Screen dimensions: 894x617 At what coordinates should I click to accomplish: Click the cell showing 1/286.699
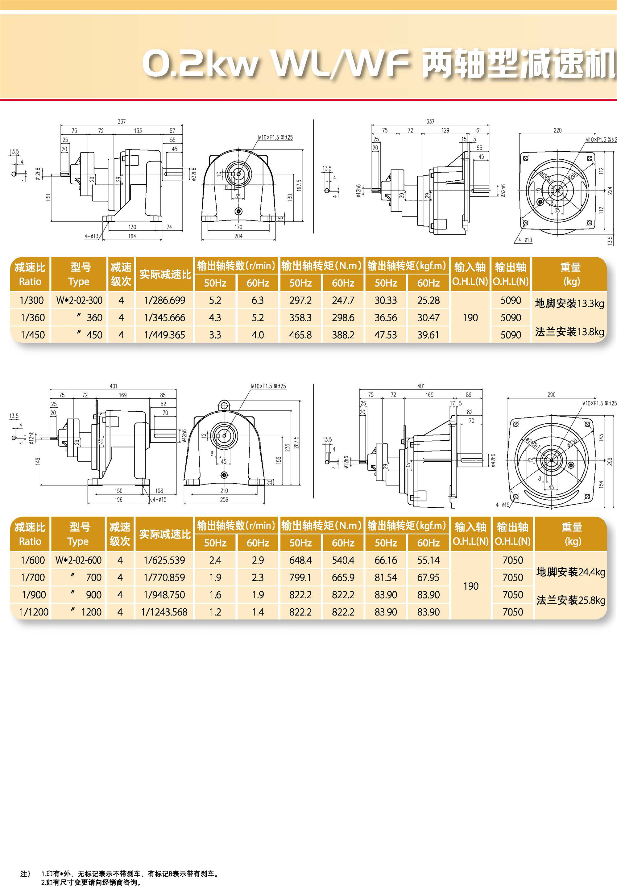pyautogui.click(x=164, y=300)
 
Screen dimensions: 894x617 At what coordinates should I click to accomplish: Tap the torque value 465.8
pyautogui.click(x=300, y=335)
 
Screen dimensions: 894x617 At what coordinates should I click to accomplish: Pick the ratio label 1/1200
pyautogui.click(x=34, y=612)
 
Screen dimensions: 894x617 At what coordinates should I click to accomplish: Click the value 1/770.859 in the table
pyautogui.click(x=164, y=577)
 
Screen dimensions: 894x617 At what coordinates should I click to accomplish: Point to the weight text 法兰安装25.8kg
pyautogui.click(x=571, y=600)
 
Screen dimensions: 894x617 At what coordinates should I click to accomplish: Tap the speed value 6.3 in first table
pyautogui.click(x=258, y=300)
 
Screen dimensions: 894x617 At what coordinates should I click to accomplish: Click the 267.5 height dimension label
pyautogui.click(x=296, y=442)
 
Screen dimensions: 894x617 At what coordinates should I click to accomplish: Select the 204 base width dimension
pyautogui.click(x=238, y=236)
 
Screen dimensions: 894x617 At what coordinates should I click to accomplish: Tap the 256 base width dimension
pyautogui.click(x=224, y=500)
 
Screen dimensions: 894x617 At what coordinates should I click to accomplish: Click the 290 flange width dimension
pyautogui.click(x=551, y=395)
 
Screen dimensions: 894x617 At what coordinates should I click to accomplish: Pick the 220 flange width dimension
pyautogui.click(x=557, y=130)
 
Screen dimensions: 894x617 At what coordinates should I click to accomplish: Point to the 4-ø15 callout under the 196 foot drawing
pyautogui.click(x=159, y=500)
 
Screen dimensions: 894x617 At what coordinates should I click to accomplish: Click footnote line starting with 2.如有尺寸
pyautogui.click(x=91, y=882)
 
